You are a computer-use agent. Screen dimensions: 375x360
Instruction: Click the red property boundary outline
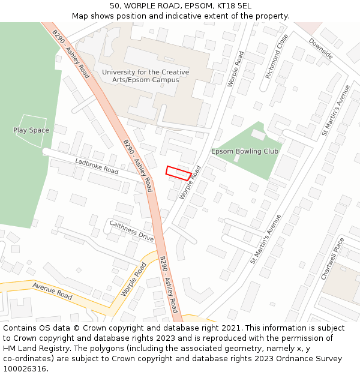(x=179, y=173)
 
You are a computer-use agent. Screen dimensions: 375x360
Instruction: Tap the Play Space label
(x=31, y=130)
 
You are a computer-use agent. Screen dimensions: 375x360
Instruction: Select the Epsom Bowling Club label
(x=245, y=151)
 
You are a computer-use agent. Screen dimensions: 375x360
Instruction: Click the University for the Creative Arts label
(x=145, y=76)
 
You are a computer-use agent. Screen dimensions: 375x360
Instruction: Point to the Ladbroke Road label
(x=97, y=166)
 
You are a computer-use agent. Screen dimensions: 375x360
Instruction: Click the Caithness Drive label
(x=131, y=231)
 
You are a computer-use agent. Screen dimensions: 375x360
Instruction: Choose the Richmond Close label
(x=277, y=56)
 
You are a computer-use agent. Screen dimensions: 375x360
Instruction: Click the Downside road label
(x=321, y=49)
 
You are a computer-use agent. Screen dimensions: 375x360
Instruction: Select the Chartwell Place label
(x=333, y=258)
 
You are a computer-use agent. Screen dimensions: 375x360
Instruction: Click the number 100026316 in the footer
(x=24, y=369)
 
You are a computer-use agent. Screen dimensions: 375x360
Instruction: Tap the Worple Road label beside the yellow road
(x=133, y=279)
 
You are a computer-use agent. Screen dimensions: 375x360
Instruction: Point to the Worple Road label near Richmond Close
(x=235, y=69)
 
